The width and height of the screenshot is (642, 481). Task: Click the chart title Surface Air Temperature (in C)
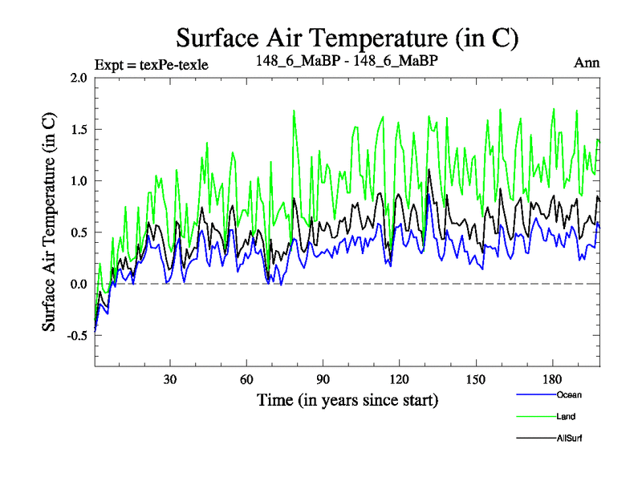coord(347,38)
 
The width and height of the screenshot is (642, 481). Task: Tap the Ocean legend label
coord(568,394)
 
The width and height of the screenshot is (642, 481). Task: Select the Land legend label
coord(565,416)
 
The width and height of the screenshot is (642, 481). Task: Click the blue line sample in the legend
coord(534,394)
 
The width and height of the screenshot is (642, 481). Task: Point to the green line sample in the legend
coord(534,416)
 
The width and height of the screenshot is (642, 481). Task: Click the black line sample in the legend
coord(534,438)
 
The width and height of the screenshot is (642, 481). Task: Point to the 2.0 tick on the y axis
coord(79,78)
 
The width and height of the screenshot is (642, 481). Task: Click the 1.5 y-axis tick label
coord(79,129)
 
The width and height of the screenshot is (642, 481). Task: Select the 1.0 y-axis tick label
coord(79,181)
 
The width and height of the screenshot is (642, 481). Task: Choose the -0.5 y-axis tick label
coord(76,336)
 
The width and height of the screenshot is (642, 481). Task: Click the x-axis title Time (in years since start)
coord(347,398)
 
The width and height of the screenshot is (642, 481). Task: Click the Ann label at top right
coord(587,63)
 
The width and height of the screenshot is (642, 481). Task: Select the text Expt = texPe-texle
coord(152,65)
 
